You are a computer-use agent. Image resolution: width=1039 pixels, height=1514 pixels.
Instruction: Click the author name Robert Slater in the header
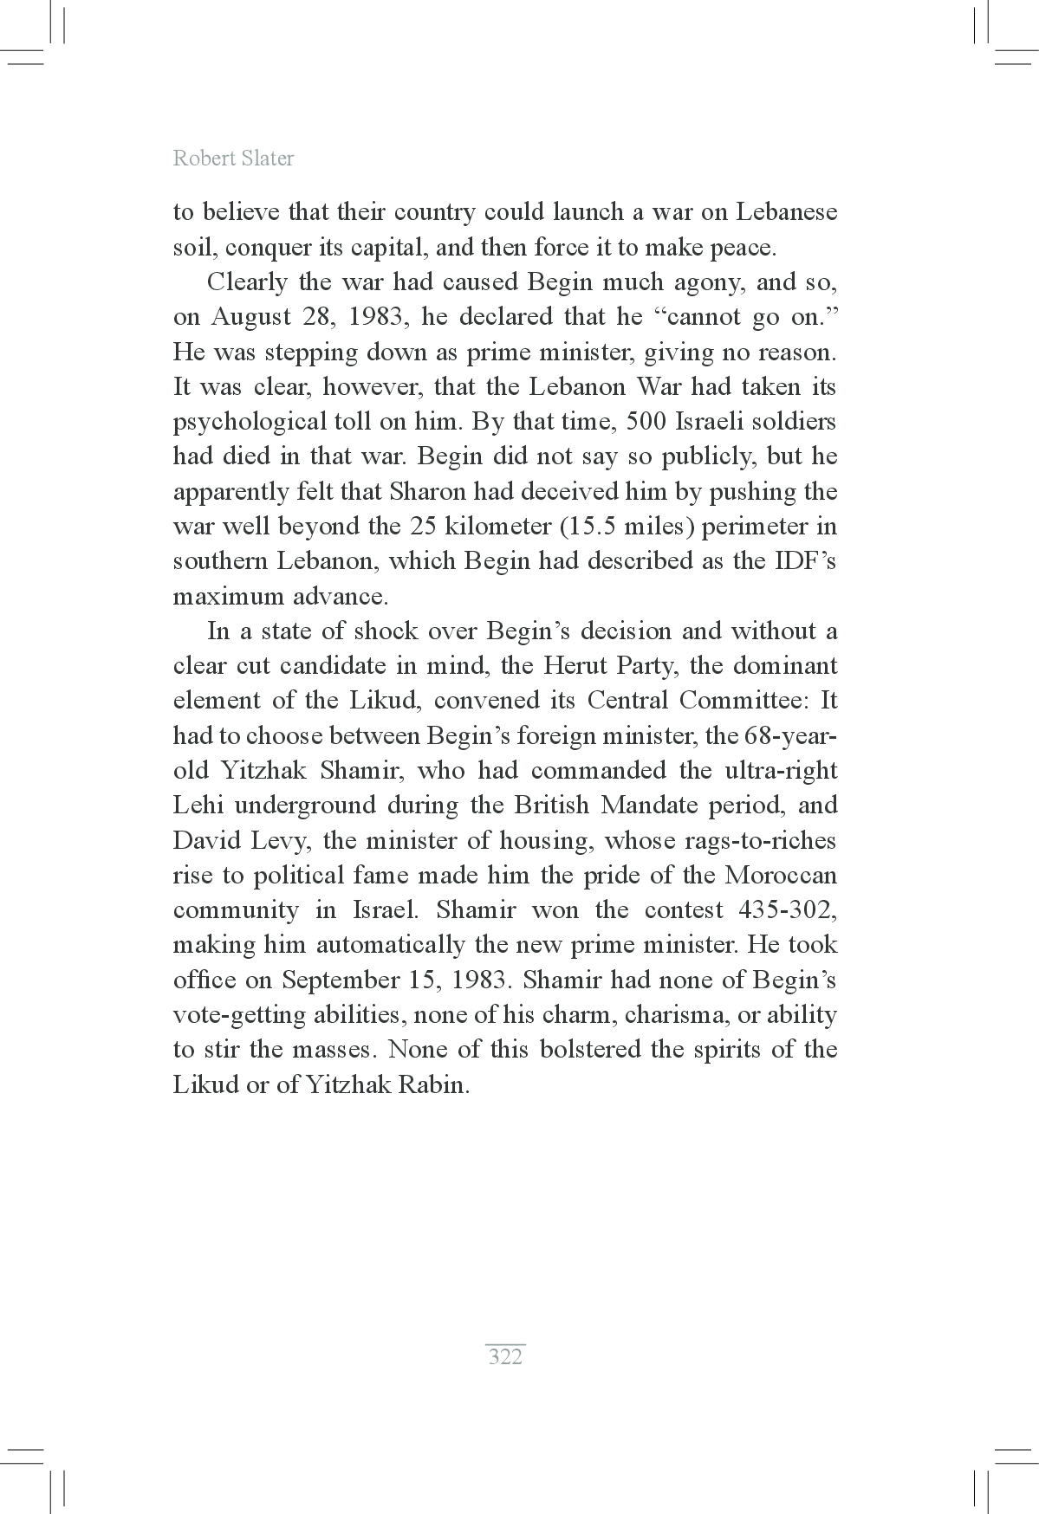click(233, 159)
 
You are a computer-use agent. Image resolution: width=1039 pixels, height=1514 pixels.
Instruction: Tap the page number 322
click(505, 1355)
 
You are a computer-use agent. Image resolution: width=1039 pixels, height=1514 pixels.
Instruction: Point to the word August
click(250, 317)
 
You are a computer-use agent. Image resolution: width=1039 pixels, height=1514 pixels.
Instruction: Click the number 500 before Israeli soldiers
click(635, 422)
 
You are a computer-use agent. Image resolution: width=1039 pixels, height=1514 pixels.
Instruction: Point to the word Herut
click(575, 666)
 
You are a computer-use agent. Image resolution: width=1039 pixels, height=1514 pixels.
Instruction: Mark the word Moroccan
click(781, 875)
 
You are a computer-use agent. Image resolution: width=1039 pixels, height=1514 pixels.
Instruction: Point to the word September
click(336, 980)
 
